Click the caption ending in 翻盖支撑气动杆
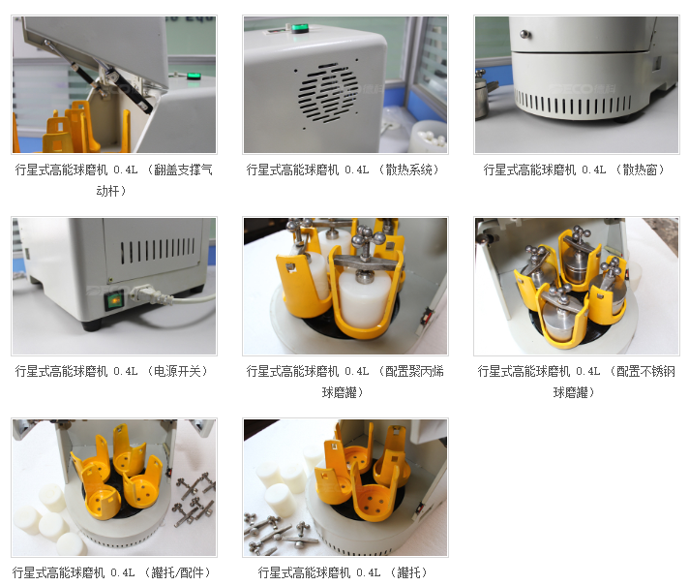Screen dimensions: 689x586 point(114,180)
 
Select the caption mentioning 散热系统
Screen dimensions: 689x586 point(343,170)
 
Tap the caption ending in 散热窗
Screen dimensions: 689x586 point(574,170)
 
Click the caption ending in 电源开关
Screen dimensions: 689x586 point(111,371)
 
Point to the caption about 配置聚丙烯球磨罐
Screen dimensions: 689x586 point(344,382)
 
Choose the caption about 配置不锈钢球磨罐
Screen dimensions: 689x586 point(576,382)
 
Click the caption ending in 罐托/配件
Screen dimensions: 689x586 point(111,572)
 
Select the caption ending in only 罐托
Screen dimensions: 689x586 point(343,572)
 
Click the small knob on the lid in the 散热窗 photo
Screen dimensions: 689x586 point(524,34)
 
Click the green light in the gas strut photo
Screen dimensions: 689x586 point(194,77)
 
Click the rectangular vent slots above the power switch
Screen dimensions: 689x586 point(157,250)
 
